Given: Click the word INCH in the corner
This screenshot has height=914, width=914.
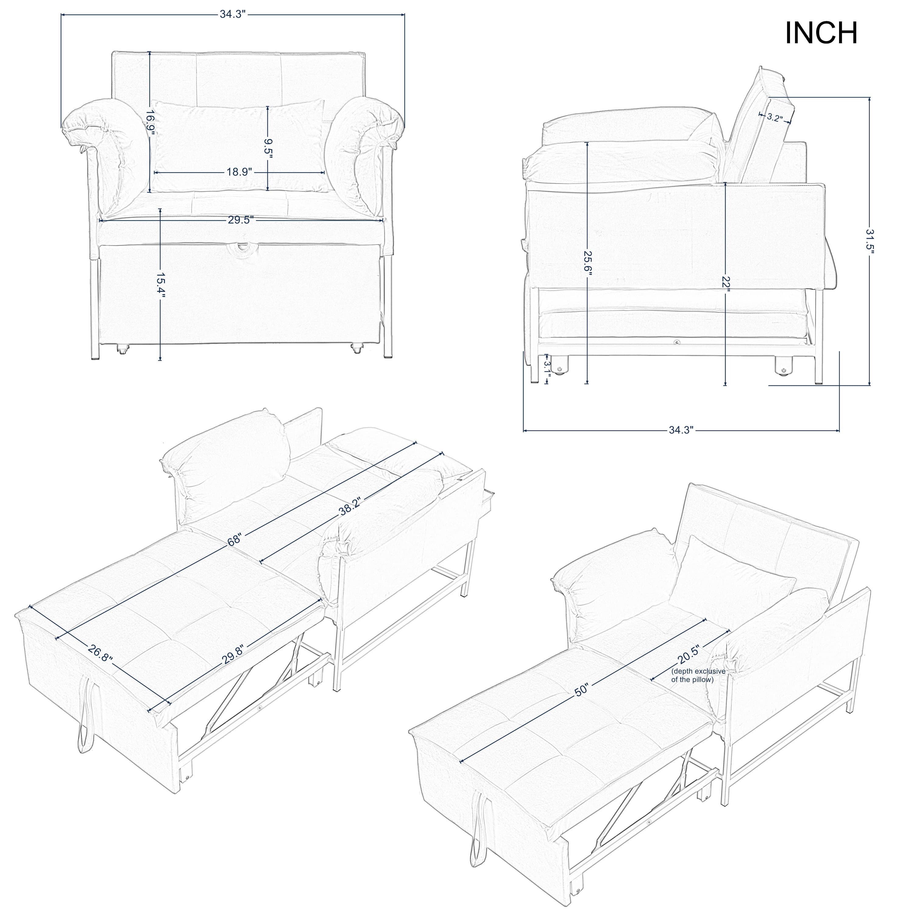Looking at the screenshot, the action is [821, 33].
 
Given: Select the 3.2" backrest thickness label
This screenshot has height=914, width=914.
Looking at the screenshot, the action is [774, 118].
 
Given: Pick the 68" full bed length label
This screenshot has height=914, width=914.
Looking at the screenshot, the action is [235, 540].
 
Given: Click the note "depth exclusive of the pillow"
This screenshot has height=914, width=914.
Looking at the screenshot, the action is [698, 675].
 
